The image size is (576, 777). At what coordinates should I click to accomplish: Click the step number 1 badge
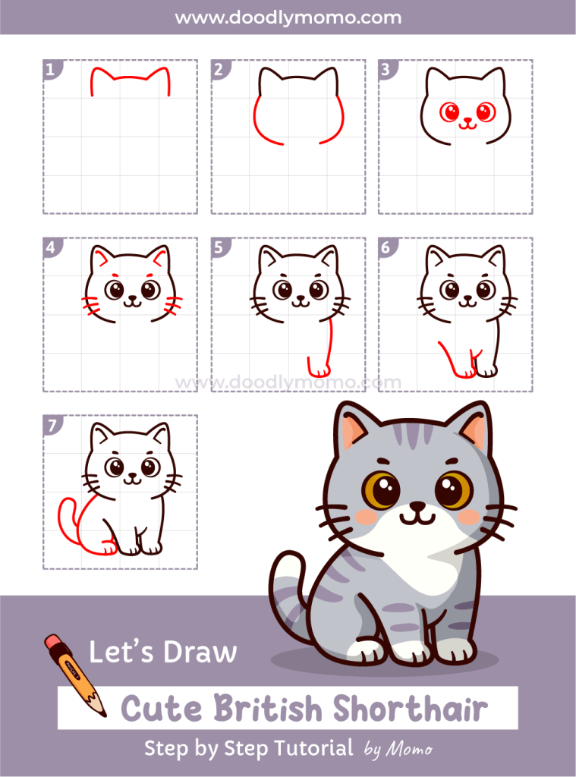pos(51,71)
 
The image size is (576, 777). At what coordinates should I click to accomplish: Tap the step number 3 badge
pos(386,71)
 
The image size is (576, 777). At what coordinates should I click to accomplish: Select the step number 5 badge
pos(219,247)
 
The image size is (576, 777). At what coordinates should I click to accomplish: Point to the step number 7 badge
pos(51,425)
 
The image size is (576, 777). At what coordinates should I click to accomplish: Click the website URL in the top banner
pos(288,17)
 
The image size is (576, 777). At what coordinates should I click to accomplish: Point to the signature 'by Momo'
pos(398,750)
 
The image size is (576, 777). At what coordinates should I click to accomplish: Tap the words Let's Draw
pos(163,653)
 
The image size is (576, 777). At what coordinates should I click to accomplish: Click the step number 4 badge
pos(51,247)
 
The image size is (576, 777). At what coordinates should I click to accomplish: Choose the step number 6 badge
pos(386,247)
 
